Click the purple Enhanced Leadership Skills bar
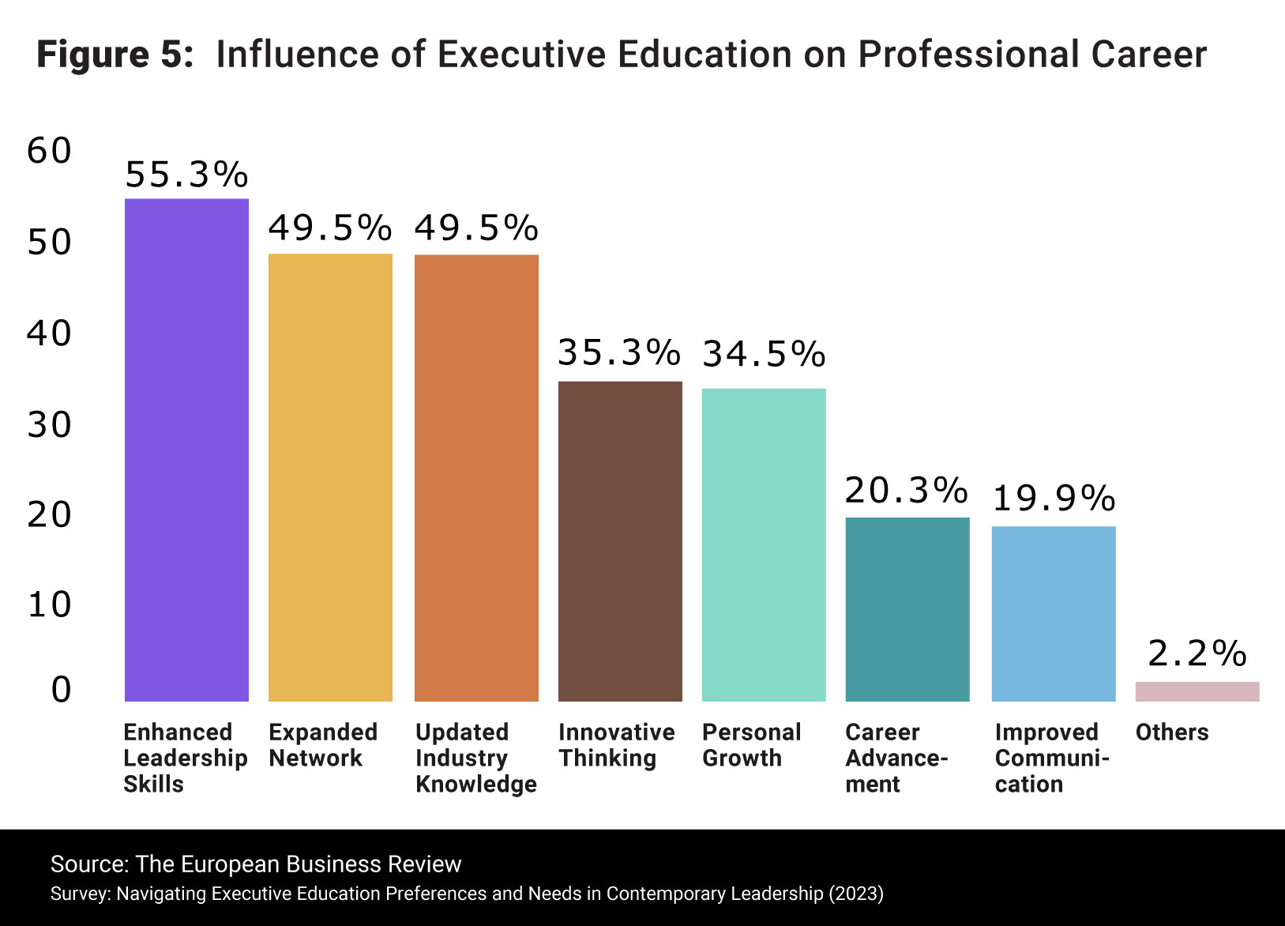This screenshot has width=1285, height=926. [x=186, y=450]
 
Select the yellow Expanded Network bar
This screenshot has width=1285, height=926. [x=330, y=477]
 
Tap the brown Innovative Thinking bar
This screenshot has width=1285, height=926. [x=620, y=541]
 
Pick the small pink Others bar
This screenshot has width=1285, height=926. [x=1197, y=691]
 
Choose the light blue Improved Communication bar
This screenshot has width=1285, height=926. [x=1054, y=613]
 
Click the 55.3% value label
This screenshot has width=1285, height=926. [x=186, y=175]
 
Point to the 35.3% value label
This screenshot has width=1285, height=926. [x=619, y=352]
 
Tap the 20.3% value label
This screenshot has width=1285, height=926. [x=906, y=491]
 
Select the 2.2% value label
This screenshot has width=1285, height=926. [x=1197, y=653]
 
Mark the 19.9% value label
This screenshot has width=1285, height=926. [x=1054, y=499]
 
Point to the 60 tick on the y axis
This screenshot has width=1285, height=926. [x=49, y=151]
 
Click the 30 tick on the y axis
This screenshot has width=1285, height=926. [x=49, y=425]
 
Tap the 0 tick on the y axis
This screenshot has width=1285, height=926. [x=61, y=690]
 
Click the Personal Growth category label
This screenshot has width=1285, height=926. [x=751, y=744]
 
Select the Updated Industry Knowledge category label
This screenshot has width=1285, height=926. [x=475, y=758]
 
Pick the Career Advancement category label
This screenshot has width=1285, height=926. [x=896, y=758]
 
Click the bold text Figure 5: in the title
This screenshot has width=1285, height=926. [x=115, y=55]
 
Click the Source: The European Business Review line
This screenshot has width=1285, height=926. [x=256, y=864]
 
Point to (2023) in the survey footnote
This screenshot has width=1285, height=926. [x=855, y=894]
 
